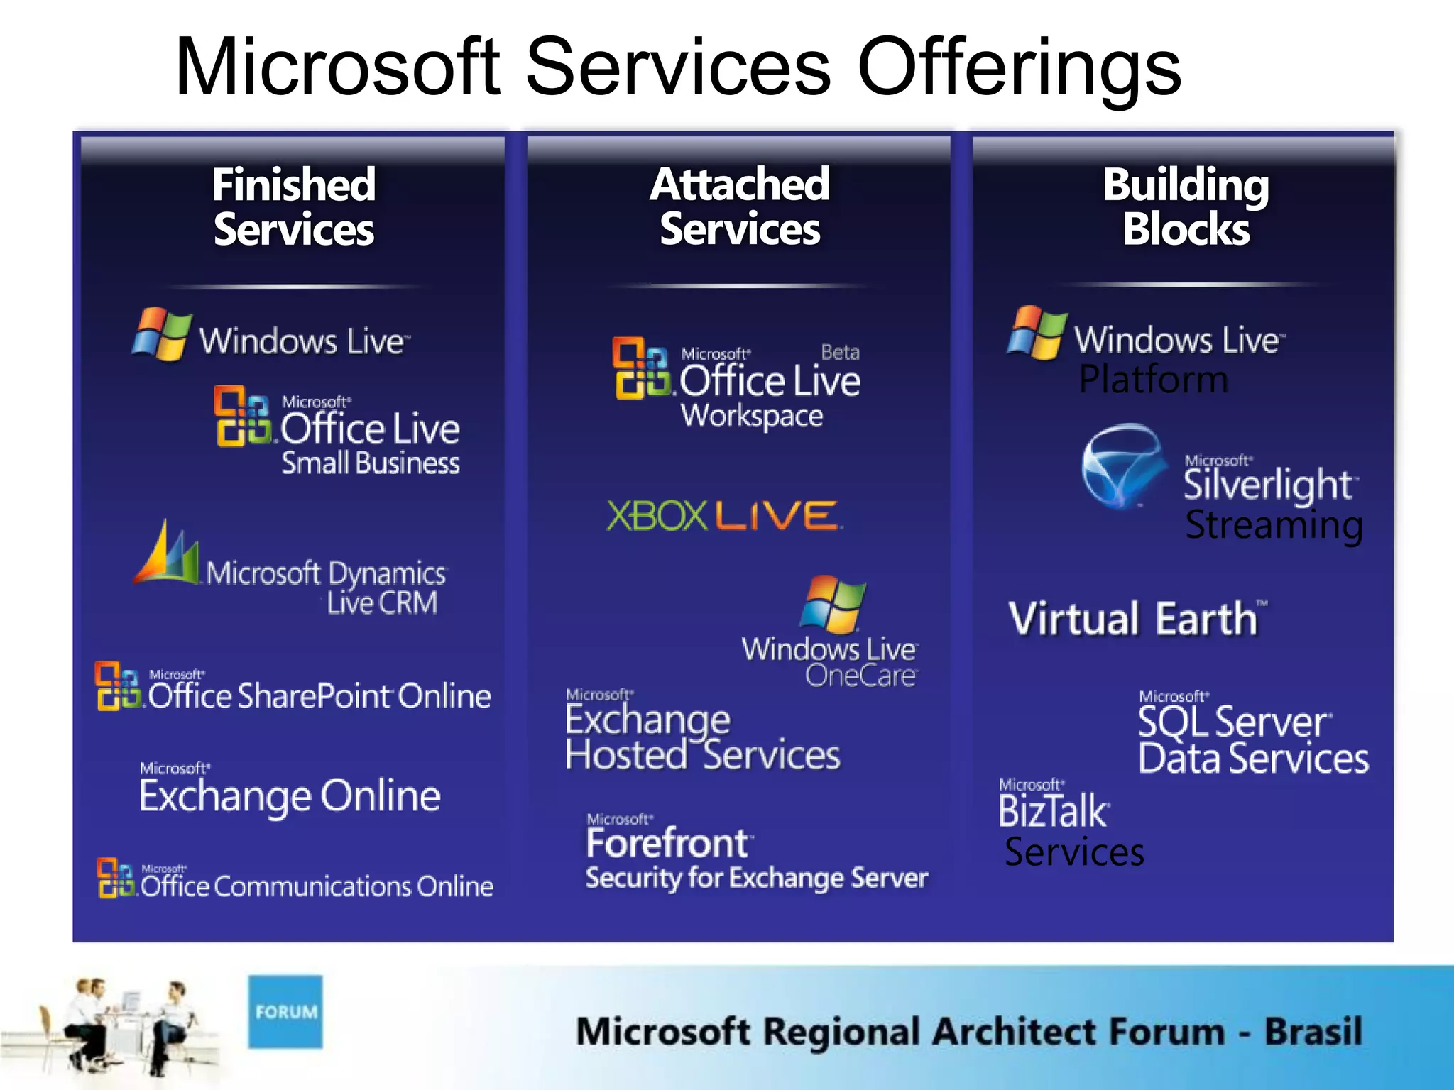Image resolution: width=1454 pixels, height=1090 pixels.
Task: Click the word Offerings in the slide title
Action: pyautogui.click(x=1019, y=67)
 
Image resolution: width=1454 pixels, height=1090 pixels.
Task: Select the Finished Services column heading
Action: pyautogui.click(x=294, y=207)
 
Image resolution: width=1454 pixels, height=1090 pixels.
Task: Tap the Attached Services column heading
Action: pyautogui.click(x=740, y=207)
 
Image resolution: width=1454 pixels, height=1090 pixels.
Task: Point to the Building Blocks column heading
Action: pyautogui.click(x=1186, y=207)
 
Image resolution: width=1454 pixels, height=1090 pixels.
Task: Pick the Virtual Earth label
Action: pyautogui.click(x=1134, y=618)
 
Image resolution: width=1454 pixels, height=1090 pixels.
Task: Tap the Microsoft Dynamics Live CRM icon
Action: pyautogui.click(x=168, y=554)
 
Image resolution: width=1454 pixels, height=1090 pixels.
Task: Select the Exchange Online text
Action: pyautogui.click(x=290, y=796)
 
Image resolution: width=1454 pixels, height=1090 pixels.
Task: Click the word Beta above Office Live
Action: pyautogui.click(x=840, y=352)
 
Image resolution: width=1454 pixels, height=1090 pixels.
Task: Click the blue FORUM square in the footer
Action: pyautogui.click(x=285, y=1011)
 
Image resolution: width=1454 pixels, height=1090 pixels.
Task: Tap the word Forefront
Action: pyautogui.click(x=667, y=843)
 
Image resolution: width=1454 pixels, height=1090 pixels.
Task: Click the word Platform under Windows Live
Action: pyautogui.click(x=1153, y=379)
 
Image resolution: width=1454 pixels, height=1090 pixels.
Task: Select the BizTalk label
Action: pyautogui.click(x=1052, y=811)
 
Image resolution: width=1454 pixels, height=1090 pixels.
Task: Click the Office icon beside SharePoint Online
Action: pyautogui.click(x=117, y=686)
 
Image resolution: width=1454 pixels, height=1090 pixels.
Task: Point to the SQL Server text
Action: pyautogui.click(x=1233, y=722)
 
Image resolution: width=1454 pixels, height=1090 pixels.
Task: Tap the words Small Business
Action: pyautogui.click(x=371, y=463)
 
